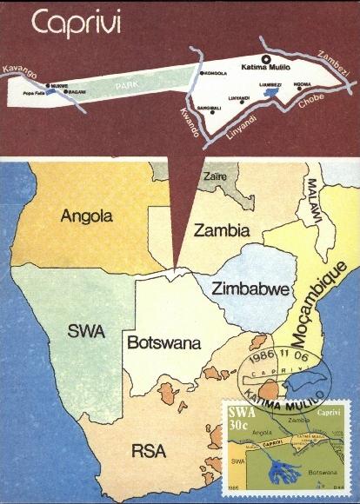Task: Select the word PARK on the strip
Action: tap(128, 84)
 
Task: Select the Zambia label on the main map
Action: tap(223, 231)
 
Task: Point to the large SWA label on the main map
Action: tap(86, 331)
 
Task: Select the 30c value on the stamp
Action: tap(240, 424)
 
